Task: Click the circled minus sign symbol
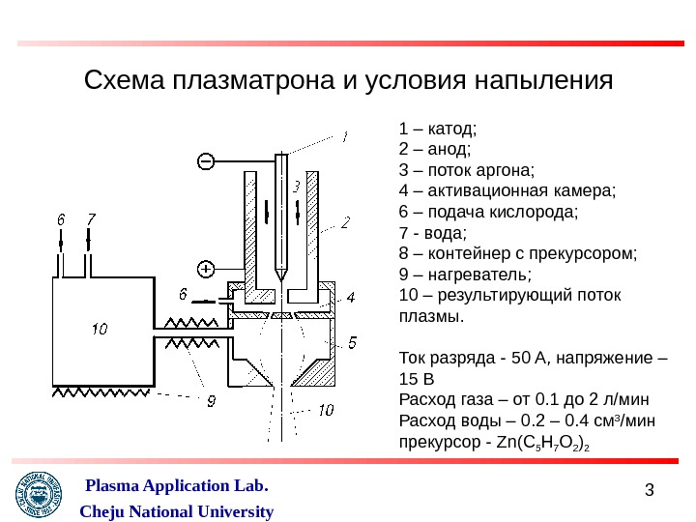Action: coord(207,160)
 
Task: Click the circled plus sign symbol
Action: coord(207,269)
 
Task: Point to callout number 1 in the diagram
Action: coord(343,137)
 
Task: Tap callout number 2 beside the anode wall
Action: coord(345,223)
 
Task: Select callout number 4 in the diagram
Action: coord(352,297)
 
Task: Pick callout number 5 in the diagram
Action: coord(352,342)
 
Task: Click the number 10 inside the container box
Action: coord(100,329)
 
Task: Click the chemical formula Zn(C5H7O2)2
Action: coord(542,444)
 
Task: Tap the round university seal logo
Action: coord(39,498)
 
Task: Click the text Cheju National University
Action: coord(175,511)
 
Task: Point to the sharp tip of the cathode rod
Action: coord(280,277)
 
